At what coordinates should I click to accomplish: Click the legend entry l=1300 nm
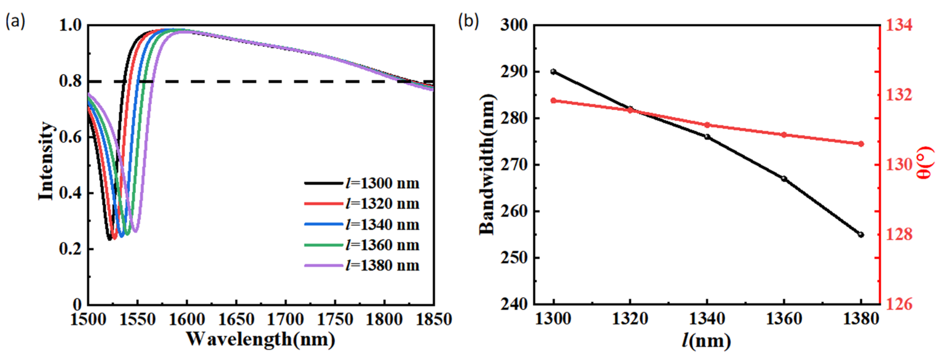tap(382, 183)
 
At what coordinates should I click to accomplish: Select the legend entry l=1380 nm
tap(382, 265)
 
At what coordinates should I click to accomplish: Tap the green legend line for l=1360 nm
tap(324, 245)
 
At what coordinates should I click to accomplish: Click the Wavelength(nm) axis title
tap(261, 340)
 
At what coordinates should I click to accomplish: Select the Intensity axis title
tap(46, 161)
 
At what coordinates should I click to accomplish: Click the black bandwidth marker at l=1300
tap(553, 72)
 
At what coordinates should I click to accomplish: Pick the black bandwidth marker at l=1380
tap(861, 235)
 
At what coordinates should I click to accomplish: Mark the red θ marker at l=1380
tap(861, 144)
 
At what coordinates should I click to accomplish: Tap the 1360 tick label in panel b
tap(784, 319)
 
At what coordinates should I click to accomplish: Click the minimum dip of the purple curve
tap(135, 231)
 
